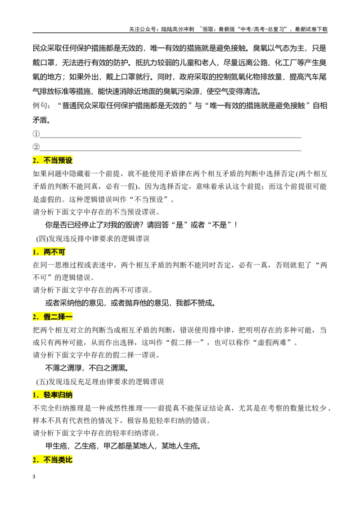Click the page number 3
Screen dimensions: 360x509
tap(34, 477)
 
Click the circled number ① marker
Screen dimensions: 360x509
tap(36, 134)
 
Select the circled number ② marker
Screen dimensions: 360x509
tap(36, 147)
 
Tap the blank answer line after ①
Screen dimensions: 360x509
tap(170, 137)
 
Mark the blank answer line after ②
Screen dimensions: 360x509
tap(170, 151)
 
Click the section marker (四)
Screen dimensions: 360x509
tap(42, 239)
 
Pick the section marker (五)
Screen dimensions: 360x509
tap(42, 382)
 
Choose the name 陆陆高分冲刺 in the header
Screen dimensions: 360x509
tap(177, 29)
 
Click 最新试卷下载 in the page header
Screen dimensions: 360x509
tap(311, 29)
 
